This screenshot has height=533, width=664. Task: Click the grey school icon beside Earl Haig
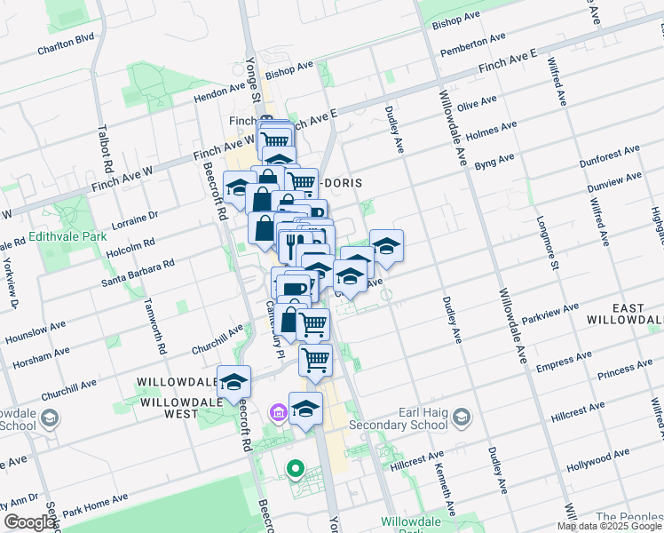click(462, 417)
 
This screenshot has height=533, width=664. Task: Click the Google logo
click(30, 522)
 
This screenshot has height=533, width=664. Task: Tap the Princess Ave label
click(625, 370)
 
